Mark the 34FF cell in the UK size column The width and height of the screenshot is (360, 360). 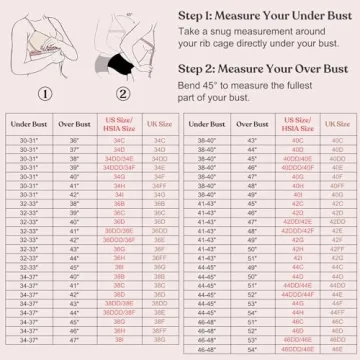pyautogui.click(x=157, y=185)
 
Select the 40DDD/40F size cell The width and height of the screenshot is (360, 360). pyautogui.click(x=295, y=167)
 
